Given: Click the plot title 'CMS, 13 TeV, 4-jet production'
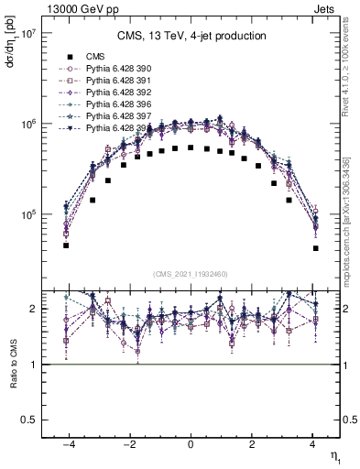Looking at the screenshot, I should coord(191,36).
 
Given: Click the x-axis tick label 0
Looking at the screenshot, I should coord(191,443).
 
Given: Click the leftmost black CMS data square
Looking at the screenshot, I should coord(66,245).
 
